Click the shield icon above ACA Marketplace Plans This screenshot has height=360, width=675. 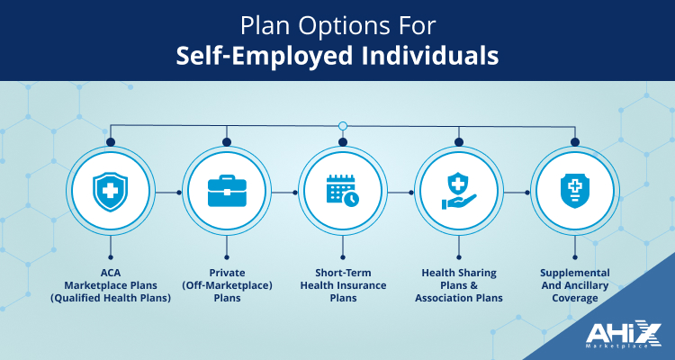(x=110, y=192)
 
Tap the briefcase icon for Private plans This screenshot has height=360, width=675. (x=226, y=192)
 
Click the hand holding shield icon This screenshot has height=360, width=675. (x=458, y=192)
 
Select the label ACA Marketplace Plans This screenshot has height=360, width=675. (x=110, y=285)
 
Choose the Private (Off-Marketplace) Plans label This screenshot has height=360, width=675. (x=226, y=285)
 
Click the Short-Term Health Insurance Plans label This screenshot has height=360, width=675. (x=342, y=285)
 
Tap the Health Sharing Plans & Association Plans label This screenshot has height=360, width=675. (x=458, y=285)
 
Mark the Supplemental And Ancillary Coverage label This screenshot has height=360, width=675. (x=574, y=285)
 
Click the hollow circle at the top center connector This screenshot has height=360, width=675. (x=342, y=125)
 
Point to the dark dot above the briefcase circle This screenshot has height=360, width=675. (x=226, y=141)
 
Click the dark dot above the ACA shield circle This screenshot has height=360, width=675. (x=110, y=141)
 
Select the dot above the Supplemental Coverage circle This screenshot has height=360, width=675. (x=574, y=141)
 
